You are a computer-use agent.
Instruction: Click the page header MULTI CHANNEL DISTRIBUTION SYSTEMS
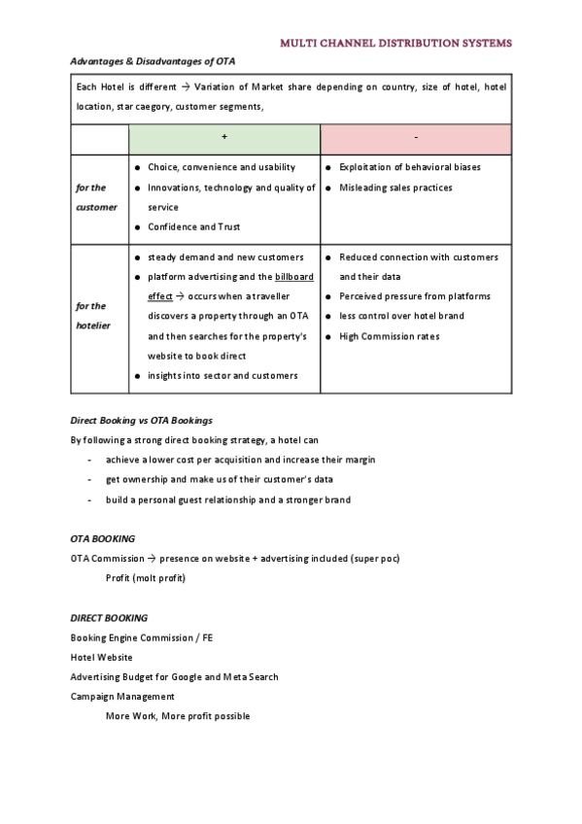click(x=395, y=43)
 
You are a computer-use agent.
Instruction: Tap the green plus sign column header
click(x=224, y=138)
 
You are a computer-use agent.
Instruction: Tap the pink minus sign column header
click(x=416, y=138)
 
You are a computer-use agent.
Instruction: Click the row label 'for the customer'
click(x=96, y=197)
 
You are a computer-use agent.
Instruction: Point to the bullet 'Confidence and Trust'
click(x=194, y=227)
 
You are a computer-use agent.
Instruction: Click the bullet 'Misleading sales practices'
click(x=395, y=188)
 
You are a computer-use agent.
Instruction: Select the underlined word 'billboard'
click(x=294, y=277)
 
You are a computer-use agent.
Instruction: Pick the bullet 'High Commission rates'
click(x=390, y=336)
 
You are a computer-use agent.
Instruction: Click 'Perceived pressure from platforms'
click(x=415, y=296)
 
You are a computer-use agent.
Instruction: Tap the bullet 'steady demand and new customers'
click(x=225, y=257)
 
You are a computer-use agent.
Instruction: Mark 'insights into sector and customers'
click(x=223, y=376)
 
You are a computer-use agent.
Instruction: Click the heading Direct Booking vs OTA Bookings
click(x=142, y=421)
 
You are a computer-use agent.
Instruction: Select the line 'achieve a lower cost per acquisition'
click(x=240, y=460)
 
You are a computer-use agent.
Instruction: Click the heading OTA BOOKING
click(x=103, y=538)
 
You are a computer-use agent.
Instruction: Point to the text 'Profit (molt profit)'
click(x=145, y=578)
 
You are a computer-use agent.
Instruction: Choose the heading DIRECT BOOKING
click(x=109, y=618)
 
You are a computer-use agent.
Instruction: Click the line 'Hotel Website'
click(x=102, y=657)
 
